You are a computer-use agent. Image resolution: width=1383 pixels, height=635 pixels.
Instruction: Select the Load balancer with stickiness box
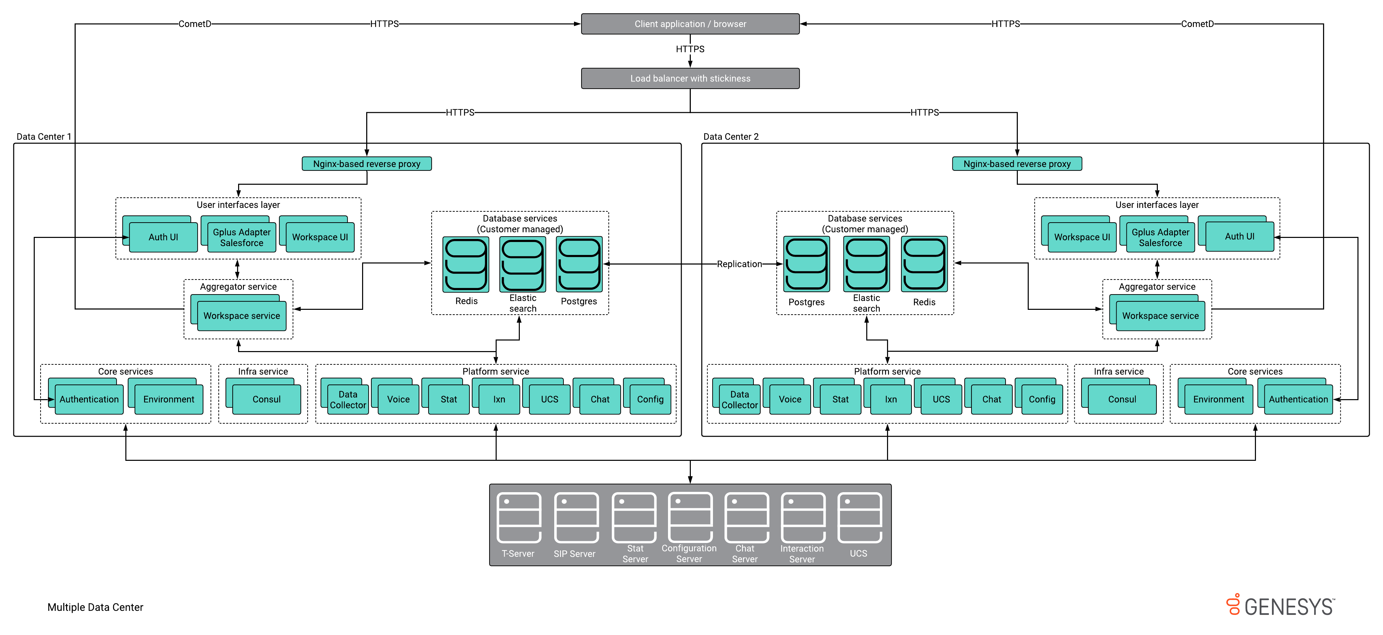tap(690, 78)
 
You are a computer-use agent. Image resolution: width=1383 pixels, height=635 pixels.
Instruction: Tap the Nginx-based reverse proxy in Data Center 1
tap(367, 164)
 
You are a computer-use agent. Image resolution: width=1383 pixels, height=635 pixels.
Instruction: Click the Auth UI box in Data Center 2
tap(1239, 237)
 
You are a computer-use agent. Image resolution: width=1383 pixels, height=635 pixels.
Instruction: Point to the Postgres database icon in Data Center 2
tap(806, 264)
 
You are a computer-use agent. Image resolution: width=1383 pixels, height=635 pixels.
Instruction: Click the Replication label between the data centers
tap(739, 264)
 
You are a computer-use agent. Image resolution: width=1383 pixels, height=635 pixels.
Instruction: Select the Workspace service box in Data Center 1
tap(242, 316)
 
